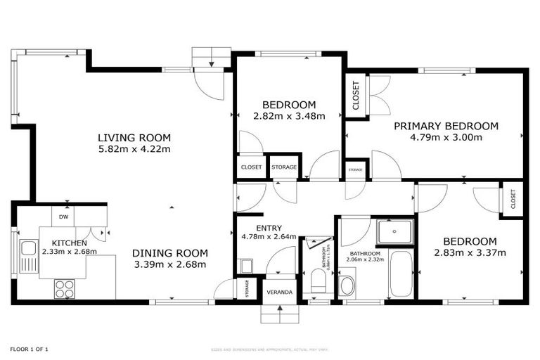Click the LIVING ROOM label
pos(134,138)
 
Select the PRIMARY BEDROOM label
pos(445,127)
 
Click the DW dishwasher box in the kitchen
pos(63,217)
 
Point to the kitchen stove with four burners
pos(65,288)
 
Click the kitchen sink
pos(29,248)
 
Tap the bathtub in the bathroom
pos(401,274)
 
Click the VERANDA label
pos(279,292)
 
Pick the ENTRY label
pos(269,228)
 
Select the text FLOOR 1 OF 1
pos(29,349)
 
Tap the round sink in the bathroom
pos(347,286)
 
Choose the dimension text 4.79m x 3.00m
pos(446,138)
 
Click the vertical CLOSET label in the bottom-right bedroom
pos(513,200)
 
